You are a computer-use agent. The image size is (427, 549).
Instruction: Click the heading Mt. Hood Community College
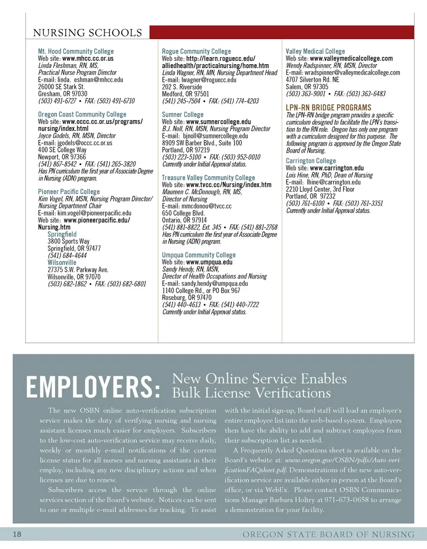coord(76,52)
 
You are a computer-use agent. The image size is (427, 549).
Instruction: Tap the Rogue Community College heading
coord(196,52)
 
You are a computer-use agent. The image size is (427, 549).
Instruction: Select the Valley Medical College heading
coord(315,52)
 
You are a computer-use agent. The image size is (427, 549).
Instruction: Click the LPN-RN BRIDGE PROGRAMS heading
coord(328,108)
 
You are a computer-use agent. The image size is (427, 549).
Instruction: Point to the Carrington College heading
coord(310,161)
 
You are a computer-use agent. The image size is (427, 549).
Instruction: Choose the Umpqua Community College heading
coord(198,255)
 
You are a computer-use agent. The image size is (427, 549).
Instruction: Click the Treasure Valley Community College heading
coord(208,178)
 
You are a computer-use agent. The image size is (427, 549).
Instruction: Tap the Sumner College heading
coord(182,115)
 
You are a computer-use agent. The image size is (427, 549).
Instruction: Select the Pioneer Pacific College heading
coord(68,192)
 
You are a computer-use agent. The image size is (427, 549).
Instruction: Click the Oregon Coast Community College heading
coord(82,115)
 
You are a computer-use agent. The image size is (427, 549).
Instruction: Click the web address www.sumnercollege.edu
coord(218,122)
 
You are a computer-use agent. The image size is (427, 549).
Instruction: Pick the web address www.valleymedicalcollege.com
coord(351,58)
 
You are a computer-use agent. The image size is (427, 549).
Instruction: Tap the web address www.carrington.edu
coord(337,168)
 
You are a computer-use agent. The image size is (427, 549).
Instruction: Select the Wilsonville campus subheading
coord(62,263)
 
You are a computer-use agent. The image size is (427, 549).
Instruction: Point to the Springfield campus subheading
coord(62,234)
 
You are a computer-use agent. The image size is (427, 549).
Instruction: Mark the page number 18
coord(17,534)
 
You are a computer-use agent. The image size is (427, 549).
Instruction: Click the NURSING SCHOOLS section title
coord(88,33)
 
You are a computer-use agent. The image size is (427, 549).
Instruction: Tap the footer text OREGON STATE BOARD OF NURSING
coord(328,534)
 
